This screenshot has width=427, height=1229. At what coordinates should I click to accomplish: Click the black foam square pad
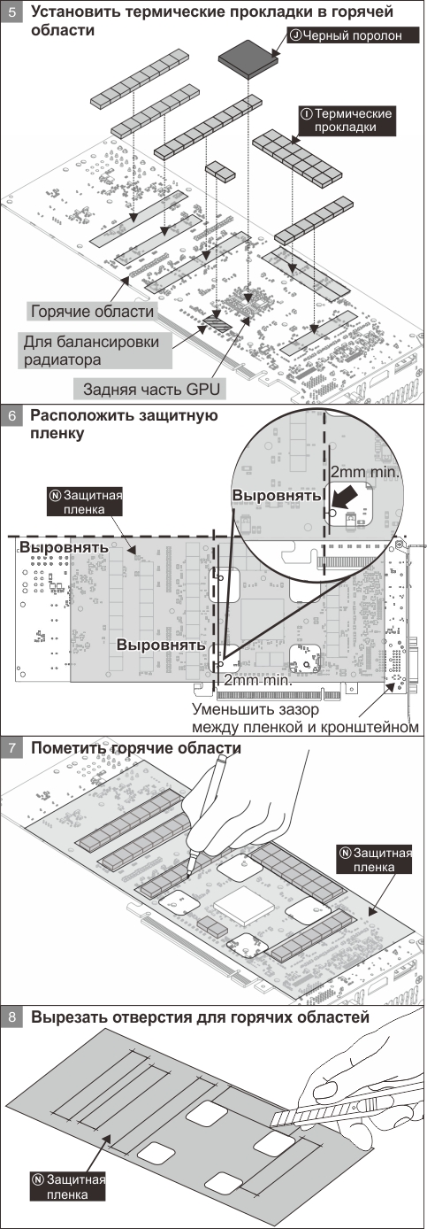248,57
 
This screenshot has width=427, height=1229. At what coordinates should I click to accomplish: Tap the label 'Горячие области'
93,312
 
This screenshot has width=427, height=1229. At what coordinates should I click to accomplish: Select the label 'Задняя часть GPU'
151,390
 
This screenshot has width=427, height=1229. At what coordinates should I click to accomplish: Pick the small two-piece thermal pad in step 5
220,171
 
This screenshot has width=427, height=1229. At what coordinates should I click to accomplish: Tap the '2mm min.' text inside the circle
365,472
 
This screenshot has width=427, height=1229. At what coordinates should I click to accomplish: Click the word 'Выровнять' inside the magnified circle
276,495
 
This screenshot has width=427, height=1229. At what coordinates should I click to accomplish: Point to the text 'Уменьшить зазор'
255,709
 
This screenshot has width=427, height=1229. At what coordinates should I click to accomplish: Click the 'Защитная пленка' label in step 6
86,502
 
